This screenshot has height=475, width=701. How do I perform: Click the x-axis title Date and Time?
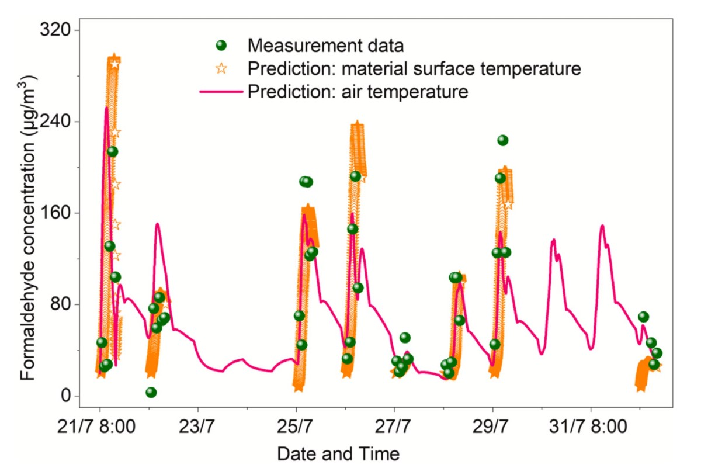point(338,453)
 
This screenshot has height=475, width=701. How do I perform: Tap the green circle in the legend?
point(221,45)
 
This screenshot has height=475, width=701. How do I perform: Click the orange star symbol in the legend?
point(221,68)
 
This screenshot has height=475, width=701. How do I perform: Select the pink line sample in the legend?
point(221,92)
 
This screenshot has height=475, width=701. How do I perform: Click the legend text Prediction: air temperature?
point(358,92)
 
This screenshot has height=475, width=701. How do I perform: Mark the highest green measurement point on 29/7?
point(502,140)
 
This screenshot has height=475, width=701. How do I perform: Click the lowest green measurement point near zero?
point(151,392)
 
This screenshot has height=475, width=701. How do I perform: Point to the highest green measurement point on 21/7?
point(113,152)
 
